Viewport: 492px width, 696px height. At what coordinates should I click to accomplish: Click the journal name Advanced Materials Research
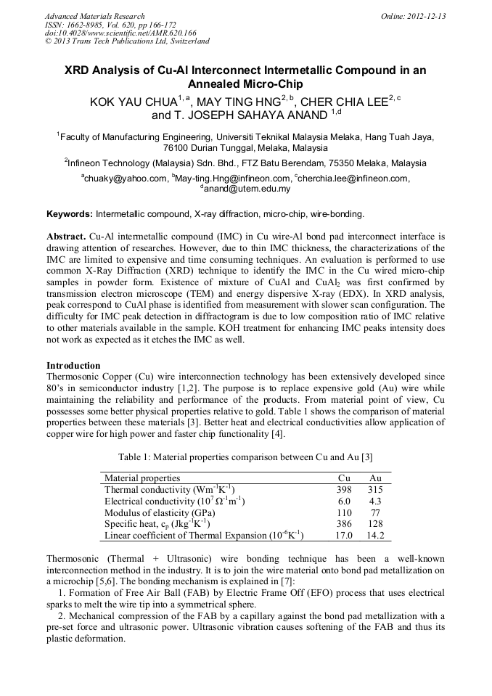click(95, 16)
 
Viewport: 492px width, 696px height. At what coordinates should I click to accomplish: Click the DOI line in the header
click(120, 33)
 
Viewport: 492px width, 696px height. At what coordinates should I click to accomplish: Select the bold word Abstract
click(66, 237)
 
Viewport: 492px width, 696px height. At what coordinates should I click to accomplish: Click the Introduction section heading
click(73, 366)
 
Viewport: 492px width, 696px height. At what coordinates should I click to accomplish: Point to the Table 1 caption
click(245, 457)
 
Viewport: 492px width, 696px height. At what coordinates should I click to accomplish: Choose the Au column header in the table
click(375, 478)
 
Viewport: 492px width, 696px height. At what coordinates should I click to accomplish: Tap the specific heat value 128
click(375, 524)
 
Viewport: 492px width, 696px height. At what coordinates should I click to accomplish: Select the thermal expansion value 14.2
click(375, 536)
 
